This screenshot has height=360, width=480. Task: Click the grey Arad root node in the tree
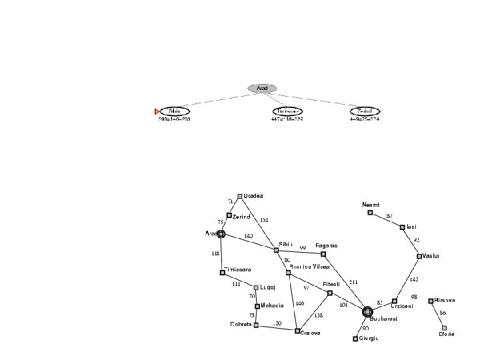262,88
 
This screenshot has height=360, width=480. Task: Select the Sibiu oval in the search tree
175,111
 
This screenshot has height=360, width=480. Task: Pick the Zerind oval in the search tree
365,111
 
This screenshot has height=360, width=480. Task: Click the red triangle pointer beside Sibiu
157,111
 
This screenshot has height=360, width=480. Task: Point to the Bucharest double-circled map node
367,311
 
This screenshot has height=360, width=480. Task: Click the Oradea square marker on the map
240,196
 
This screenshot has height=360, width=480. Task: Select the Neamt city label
371,205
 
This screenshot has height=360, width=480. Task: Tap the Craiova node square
298,331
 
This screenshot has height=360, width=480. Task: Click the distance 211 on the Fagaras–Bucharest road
353,283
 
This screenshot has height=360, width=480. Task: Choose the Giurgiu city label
369,339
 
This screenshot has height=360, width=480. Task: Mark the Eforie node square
444,328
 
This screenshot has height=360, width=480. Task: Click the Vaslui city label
432,256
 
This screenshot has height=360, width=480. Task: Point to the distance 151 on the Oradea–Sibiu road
264,219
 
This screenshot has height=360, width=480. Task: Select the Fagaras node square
323,254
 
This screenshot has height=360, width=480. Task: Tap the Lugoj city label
269,288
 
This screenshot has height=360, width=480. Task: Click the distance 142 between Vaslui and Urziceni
414,279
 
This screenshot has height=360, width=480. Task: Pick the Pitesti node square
330,293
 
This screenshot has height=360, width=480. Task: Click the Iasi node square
403,227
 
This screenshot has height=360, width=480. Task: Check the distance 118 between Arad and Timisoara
215,253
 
